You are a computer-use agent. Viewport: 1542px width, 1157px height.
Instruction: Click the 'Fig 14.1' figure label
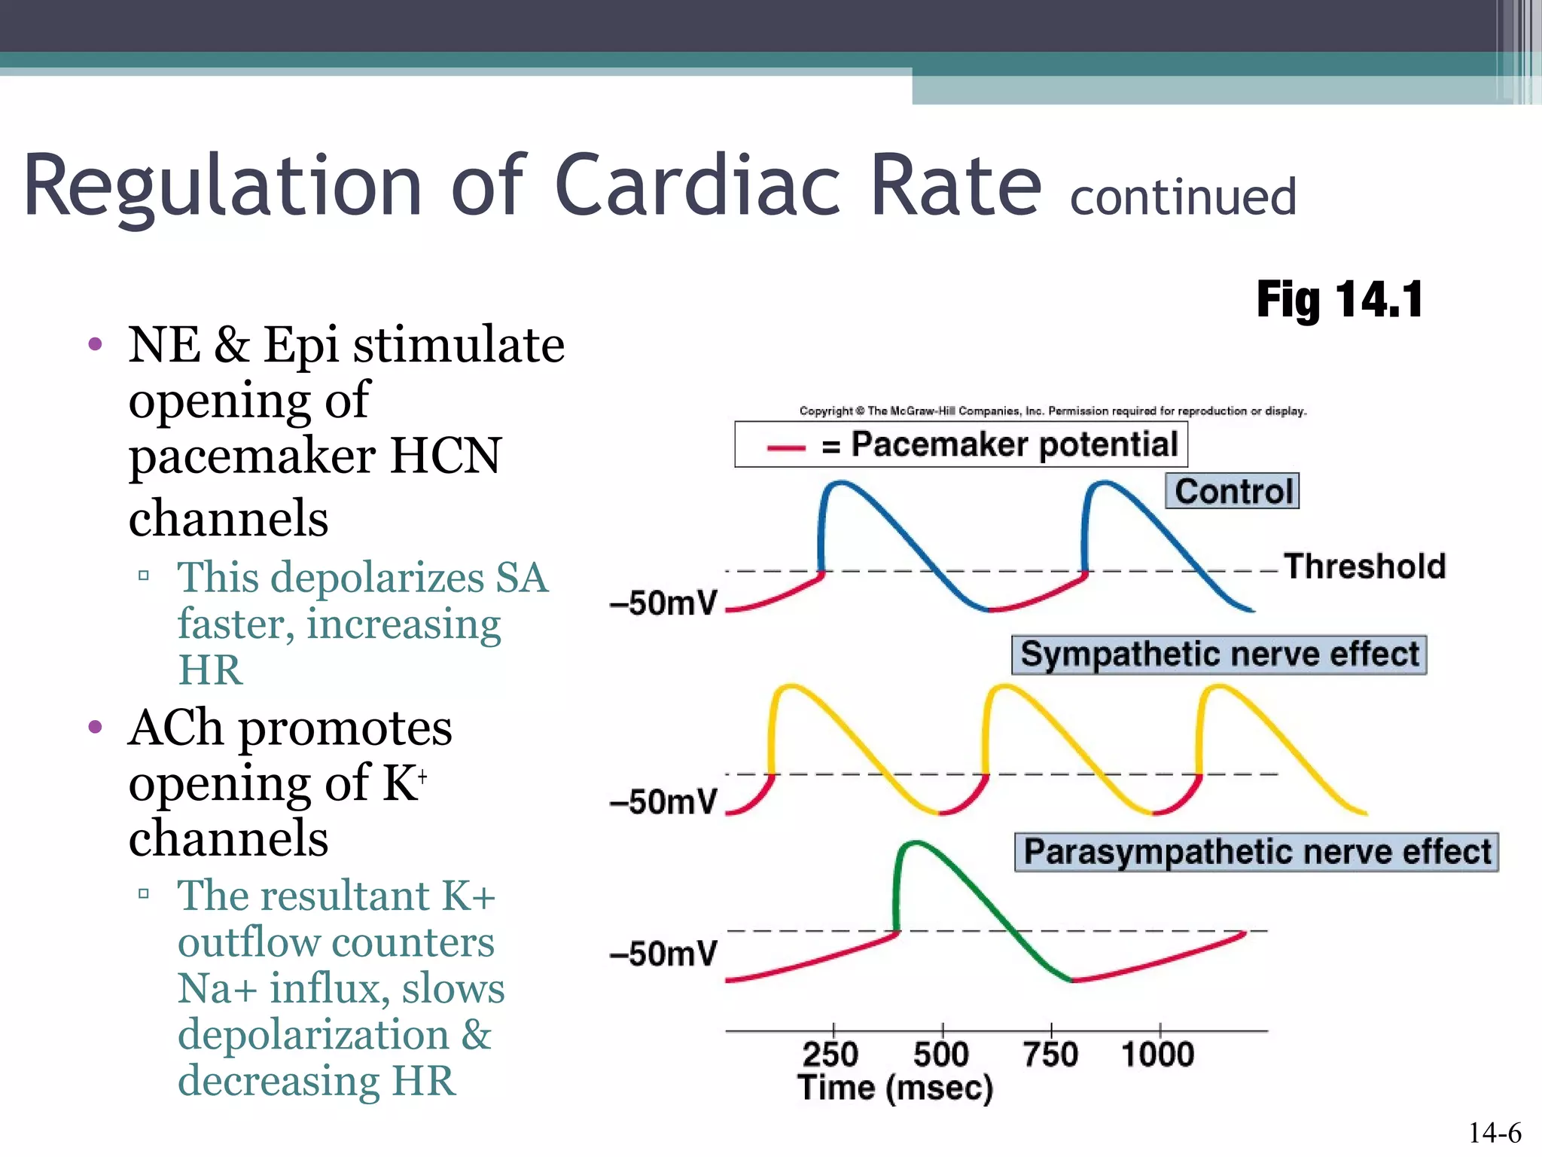point(1339,300)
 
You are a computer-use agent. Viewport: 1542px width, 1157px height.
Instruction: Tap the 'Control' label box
point(1233,491)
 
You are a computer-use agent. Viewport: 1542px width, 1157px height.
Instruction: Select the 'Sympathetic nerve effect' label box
point(1219,655)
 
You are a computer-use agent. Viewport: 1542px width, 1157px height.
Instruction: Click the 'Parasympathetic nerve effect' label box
point(1257,852)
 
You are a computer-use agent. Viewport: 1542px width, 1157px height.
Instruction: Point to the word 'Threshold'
point(1364,566)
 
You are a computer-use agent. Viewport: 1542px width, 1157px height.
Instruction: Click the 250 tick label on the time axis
point(830,1054)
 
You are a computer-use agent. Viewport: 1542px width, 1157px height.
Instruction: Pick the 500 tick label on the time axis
point(941,1054)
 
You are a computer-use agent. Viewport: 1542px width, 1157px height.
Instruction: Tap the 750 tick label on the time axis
point(1051,1054)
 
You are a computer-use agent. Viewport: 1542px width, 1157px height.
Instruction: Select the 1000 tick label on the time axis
point(1158,1054)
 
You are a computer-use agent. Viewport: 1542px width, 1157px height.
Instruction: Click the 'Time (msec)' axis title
point(895,1088)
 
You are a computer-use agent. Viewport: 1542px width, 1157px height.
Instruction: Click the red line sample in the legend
point(786,447)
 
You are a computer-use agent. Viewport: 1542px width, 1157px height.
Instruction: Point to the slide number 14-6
point(1495,1132)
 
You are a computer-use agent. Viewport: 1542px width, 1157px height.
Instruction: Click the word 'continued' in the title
point(1183,197)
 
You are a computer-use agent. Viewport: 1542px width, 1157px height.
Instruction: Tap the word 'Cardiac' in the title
point(697,185)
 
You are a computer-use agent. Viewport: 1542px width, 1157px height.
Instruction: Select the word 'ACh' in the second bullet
point(175,728)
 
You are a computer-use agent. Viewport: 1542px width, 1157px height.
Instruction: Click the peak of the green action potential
point(914,844)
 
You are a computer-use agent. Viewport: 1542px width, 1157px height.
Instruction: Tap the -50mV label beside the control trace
point(663,603)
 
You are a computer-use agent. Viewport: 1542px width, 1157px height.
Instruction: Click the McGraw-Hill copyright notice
point(1053,411)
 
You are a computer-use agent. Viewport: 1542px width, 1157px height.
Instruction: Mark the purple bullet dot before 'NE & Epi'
point(95,345)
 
